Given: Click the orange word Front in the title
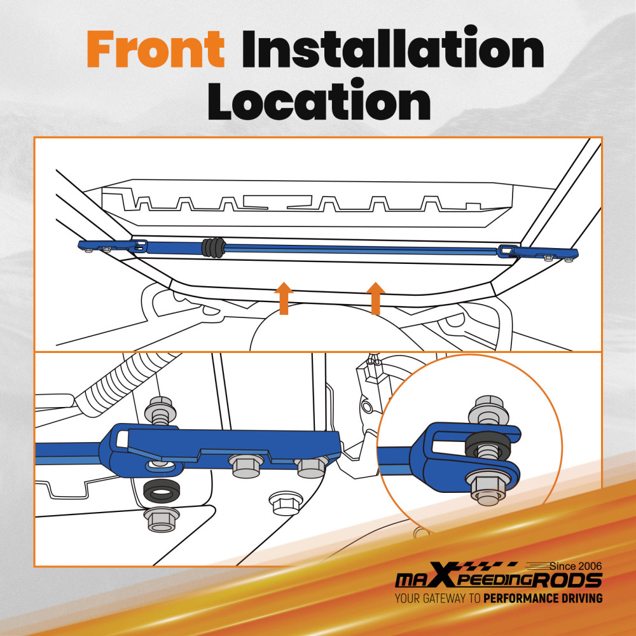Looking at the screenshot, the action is (156, 49).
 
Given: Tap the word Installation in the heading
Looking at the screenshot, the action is (392, 48).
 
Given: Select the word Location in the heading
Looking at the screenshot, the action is (319, 100).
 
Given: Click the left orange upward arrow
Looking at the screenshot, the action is (284, 298).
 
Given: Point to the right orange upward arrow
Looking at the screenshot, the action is (376, 298).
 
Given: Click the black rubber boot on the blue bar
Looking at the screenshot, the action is (213, 247).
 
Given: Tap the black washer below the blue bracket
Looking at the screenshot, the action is (162, 491).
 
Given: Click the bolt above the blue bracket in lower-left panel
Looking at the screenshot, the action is (161, 411).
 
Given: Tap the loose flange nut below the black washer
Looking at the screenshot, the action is (162, 520).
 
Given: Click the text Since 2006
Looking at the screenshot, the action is (576, 566).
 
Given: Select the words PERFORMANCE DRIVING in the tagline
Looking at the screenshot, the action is (543, 598).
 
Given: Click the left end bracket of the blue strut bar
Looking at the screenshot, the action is (113, 245).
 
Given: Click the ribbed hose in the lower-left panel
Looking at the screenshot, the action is (129, 380).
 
